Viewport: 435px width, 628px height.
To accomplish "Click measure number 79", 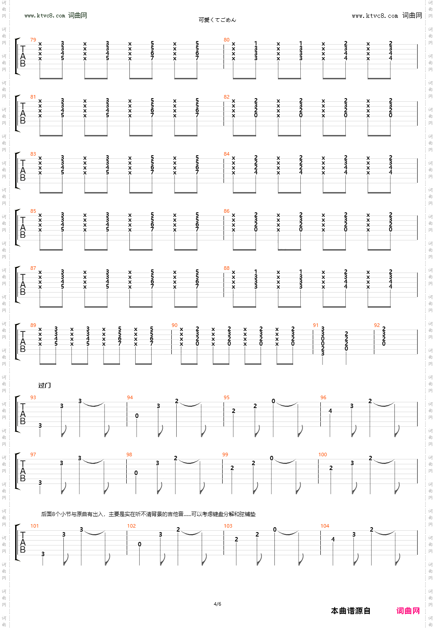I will (x=33, y=40).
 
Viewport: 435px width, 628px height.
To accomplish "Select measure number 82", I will (x=227, y=97).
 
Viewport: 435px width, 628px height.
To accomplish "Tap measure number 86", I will (x=227, y=211).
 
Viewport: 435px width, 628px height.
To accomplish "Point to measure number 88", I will (x=227, y=268).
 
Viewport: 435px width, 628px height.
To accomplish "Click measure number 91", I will (x=315, y=325).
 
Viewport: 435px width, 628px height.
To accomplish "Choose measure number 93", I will (x=33, y=397).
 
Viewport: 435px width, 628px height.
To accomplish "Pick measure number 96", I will (x=323, y=397).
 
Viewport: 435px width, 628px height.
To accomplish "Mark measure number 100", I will (x=323, y=454).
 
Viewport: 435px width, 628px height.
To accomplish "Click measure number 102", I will (x=131, y=526).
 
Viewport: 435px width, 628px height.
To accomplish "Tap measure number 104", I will (x=325, y=526).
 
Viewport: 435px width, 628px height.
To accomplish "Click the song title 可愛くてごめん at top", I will (x=217, y=20).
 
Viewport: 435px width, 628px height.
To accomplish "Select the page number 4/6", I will (x=217, y=604).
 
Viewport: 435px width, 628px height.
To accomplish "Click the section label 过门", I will (x=45, y=385).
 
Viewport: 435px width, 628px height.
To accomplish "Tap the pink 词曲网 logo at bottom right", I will (x=408, y=611).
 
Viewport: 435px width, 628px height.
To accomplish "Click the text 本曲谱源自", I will (x=351, y=611).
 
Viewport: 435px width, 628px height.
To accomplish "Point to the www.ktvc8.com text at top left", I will (x=45, y=16).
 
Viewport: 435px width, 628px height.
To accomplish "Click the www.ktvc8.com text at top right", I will (x=375, y=16).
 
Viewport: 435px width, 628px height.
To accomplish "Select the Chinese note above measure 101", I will (x=148, y=514).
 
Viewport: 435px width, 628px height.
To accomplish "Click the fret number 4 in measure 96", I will (x=330, y=411).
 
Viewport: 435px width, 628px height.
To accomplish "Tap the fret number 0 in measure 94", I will (x=137, y=416).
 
